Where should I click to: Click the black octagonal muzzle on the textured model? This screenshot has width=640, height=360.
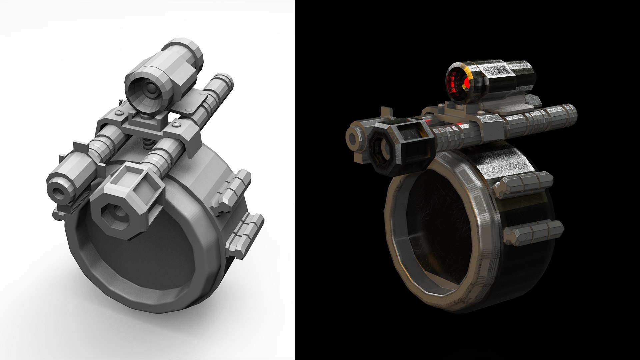382,149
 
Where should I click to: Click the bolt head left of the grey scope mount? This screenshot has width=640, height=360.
119,114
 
